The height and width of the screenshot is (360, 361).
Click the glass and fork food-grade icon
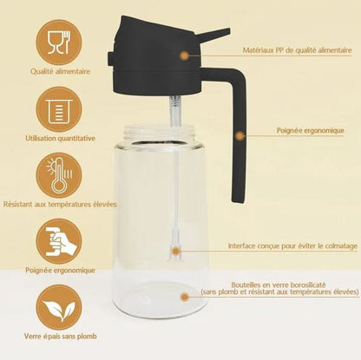tap(59, 43)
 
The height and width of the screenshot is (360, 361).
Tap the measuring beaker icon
tap(59, 109)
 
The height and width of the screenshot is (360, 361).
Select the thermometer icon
tap(59, 175)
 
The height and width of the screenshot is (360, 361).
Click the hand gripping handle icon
tap(59, 241)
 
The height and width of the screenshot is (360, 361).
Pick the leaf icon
tap(59, 307)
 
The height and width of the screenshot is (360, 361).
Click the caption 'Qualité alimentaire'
tap(60, 71)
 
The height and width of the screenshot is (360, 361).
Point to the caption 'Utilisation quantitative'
tap(61, 138)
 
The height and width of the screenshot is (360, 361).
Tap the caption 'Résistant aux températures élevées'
tap(60, 205)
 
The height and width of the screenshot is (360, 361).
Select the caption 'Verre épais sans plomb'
tap(61, 337)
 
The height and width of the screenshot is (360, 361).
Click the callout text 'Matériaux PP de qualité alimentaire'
tap(298, 50)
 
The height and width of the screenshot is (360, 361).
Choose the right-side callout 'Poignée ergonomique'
tap(311, 130)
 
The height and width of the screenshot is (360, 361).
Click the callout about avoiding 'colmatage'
tap(292, 246)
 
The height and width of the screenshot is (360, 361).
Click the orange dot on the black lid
tap(184, 56)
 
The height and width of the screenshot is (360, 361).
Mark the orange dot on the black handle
tap(240, 135)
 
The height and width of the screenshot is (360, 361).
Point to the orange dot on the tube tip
tap(175, 251)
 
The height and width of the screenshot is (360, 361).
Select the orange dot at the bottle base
tap(184, 297)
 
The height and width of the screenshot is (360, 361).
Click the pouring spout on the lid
tap(214, 34)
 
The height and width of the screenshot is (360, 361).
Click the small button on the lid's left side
tap(110, 58)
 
